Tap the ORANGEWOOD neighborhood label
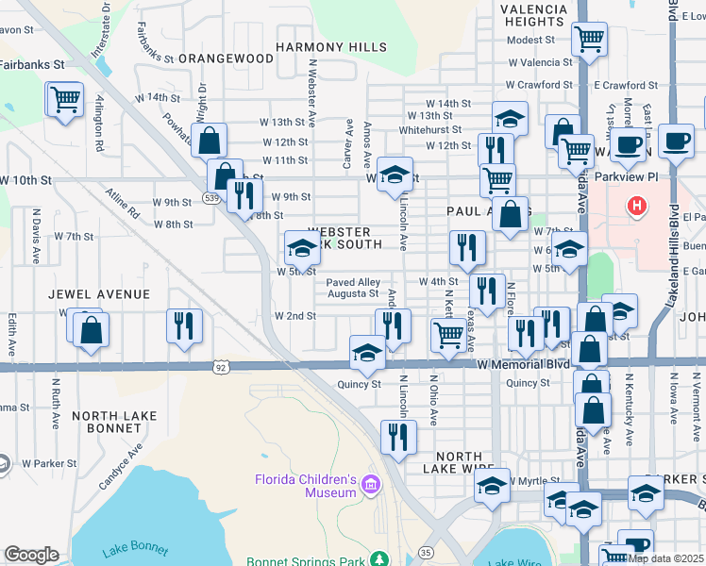pos(226,58)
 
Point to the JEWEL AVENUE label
pos(104,294)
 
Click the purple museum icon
pos(371,486)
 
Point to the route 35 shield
pos(426,552)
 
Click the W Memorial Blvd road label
pos(523,364)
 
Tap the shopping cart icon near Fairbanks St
pos(64,99)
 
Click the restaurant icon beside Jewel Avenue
pos(184,325)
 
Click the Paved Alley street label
pos(353,282)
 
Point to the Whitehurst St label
pos(429,130)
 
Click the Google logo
pos(31,555)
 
